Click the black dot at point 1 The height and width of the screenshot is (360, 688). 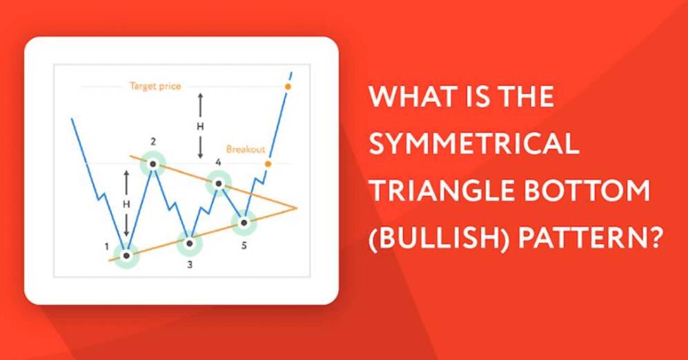(x=126, y=255)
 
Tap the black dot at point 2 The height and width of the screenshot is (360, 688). (x=153, y=164)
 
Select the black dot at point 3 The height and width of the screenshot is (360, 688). (x=190, y=243)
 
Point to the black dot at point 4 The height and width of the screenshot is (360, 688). (x=219, y=183)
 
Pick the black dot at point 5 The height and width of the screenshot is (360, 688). (x=244, y=223)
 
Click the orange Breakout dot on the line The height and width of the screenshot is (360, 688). (x=268, y=164)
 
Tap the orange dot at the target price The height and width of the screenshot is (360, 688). (x=288, y=87)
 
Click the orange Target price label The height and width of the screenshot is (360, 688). (x=155, y=86)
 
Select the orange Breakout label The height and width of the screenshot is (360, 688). (x=246, y=150)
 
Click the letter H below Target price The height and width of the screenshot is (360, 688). (x=200, y=127)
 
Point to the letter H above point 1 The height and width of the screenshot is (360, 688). (x=126, y=204)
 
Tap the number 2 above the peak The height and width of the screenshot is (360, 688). (x=153, y=141)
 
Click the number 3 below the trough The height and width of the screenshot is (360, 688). (x=190, y=265)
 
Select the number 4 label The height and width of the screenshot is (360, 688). (x=219, y=163)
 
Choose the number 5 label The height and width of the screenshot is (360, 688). (x=244, y=246)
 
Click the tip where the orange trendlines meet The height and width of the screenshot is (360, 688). (x=297, y=208)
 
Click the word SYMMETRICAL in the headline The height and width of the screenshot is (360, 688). (x=474, y=143)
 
